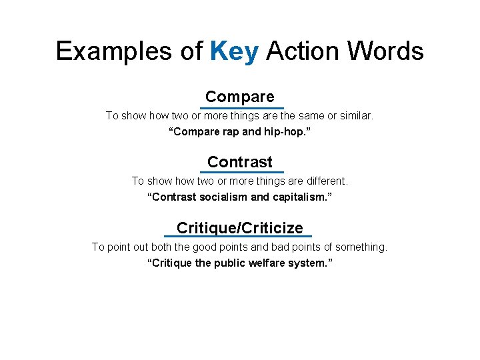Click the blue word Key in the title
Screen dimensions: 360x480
[x=233, y=51]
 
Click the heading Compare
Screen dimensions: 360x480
[x=240, y=97]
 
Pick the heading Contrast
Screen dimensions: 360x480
[x=240, y=162]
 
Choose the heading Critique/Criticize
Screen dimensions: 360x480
[x=240, y=228]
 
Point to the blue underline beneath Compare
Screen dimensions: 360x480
[x=241, y=108]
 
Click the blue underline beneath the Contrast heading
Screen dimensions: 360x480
[x=241, y=173]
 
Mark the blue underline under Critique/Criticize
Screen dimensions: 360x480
[x=238, y=237]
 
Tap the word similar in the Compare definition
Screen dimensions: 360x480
[x=355, y=116]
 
